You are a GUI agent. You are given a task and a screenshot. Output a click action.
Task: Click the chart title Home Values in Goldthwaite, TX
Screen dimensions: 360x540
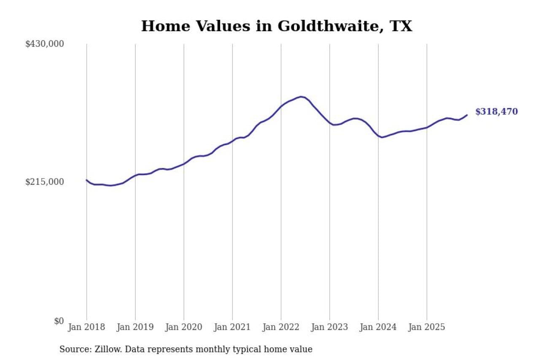tap(276, 26)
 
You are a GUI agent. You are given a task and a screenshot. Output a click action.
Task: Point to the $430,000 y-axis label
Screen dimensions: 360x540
tap(44, 44)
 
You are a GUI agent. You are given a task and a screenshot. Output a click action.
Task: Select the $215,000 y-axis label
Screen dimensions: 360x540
tap(44, 182)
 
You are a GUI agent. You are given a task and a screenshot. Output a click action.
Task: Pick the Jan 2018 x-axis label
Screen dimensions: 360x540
tap(87, 327)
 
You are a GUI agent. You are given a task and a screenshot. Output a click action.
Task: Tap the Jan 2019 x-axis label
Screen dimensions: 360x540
tap(135, 327)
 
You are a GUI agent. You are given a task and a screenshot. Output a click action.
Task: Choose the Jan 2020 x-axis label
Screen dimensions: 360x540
tap(184, 327)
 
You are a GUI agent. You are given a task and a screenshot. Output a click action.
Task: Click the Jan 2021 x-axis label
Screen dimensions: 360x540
tap(232, 327)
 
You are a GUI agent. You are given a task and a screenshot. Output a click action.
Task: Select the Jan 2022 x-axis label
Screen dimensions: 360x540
tap(281, 327)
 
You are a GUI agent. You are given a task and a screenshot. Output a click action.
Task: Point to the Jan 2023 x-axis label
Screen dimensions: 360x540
tap(329, 327)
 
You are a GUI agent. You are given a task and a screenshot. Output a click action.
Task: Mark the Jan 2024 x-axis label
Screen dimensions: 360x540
tap(378, 327)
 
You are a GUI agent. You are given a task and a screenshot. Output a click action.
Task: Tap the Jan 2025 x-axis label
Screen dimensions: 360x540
tap(427, 327)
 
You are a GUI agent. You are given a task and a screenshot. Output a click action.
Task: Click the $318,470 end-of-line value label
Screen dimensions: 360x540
tap(497, 112)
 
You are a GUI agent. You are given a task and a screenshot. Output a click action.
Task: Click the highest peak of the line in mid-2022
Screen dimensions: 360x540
tap(301, 97)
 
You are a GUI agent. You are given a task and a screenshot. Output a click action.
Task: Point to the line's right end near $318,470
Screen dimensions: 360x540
tap(467, 115)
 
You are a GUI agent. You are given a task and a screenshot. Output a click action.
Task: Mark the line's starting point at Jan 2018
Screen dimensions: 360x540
tap(87, 180)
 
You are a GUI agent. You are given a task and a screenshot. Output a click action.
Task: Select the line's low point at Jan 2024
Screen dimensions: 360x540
tap(382, 137)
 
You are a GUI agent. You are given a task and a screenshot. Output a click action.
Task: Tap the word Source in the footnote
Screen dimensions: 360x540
tap(72, 349)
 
